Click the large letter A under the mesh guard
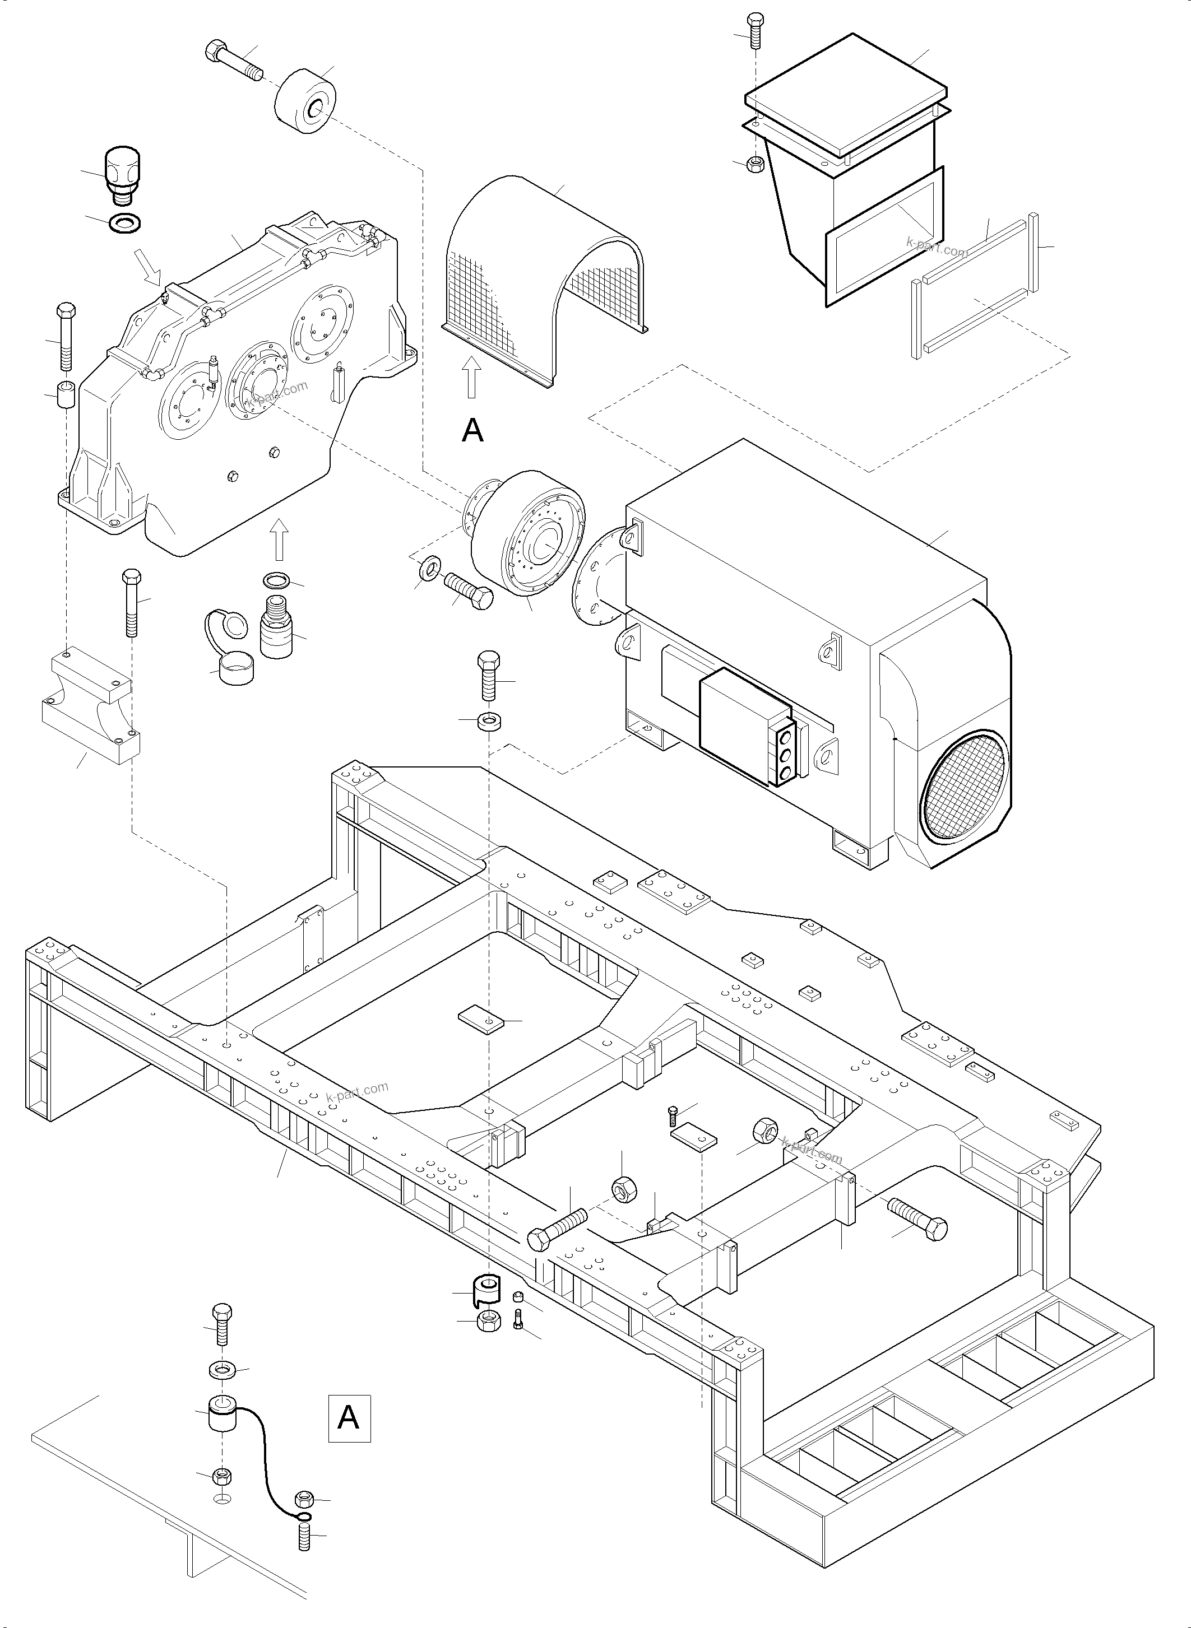point(472,430)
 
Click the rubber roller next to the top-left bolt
point(305,103)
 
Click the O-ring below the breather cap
point(124,222)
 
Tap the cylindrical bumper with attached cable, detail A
point(222,1414)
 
